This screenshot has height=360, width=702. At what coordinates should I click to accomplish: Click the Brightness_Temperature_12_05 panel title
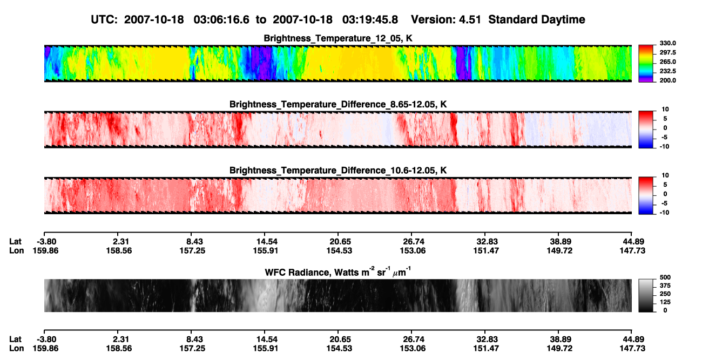338,38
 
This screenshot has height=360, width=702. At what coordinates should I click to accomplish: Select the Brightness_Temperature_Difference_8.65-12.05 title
338,104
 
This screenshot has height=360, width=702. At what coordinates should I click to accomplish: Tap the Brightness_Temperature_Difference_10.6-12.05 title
338,171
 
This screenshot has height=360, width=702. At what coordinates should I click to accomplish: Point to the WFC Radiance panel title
338,271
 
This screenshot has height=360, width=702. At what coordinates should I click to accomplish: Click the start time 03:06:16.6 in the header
221,20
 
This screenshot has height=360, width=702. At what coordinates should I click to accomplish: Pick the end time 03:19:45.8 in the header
370,20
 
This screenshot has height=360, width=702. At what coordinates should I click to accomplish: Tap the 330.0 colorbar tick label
667,43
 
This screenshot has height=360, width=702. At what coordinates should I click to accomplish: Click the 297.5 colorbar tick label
667,52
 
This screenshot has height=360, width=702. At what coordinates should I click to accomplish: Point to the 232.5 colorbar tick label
667,71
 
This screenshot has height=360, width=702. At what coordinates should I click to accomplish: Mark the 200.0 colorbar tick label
667,80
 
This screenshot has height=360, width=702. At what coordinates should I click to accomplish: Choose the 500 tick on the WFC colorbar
665,277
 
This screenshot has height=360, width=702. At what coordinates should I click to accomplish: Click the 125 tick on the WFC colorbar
665,302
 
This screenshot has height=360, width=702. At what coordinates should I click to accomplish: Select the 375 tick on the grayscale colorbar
665,286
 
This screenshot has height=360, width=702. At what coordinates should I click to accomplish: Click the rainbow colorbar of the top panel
646,64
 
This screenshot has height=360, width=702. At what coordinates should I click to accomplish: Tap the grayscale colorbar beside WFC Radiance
646,295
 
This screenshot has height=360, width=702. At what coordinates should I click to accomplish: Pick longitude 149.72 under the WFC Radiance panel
560,349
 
